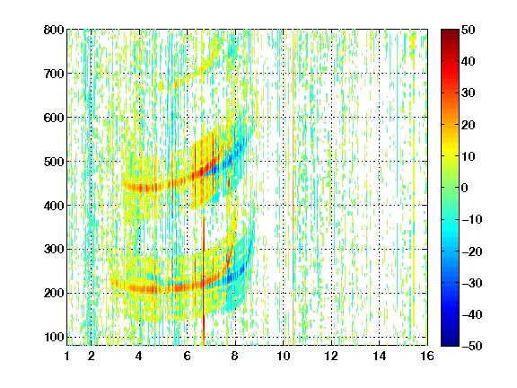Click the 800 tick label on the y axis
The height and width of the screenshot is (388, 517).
(54, 30)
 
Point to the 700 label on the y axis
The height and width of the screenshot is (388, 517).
(54, 74)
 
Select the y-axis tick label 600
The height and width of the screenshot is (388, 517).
(54, 118)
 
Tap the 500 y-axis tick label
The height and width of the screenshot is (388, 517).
(54, 162)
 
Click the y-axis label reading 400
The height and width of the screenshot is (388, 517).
(54, 206)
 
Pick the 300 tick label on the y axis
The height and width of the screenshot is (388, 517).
(54, 249)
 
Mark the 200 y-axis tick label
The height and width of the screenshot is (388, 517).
(54, 293)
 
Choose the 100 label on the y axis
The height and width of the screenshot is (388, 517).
(54, 337)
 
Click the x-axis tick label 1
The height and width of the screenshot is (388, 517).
(67, 356)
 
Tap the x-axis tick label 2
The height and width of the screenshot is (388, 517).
(92, 356)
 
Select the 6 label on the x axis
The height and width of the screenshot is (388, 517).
(188, 356)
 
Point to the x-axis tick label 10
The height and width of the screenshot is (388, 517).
(284, 356)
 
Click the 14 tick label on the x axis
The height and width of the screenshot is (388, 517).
(379, 356)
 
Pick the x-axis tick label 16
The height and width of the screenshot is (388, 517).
(427, 356)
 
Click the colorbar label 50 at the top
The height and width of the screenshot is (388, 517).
(469, 30)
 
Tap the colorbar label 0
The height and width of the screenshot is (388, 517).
(465, 188)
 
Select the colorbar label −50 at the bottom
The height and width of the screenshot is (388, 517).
(472, 346)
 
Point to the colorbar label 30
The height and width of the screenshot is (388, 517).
(469, 93)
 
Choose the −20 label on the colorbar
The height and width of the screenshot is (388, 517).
(472, 251)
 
